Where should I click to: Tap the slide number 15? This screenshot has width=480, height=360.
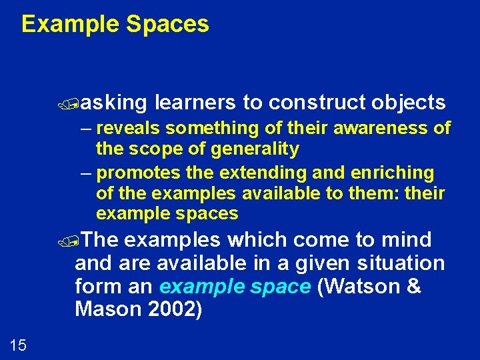[x=18, y=345]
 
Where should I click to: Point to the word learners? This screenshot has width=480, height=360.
[x=195, y=103]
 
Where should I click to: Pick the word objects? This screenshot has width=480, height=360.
[x=409, y=103]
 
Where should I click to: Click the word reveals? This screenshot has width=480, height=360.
[x=129, y=127]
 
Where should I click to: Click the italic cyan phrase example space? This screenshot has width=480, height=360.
[x=235, y=287]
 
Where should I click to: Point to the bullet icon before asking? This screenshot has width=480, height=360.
[x=79, y=103]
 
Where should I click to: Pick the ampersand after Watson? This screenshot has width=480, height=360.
[x=413, y=287]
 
